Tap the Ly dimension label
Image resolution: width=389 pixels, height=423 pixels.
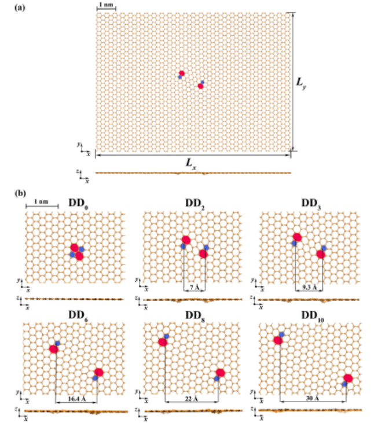point(301,83)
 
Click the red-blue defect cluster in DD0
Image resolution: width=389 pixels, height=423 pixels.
point(76,251)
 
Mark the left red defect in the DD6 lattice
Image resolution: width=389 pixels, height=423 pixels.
point(54,348)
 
